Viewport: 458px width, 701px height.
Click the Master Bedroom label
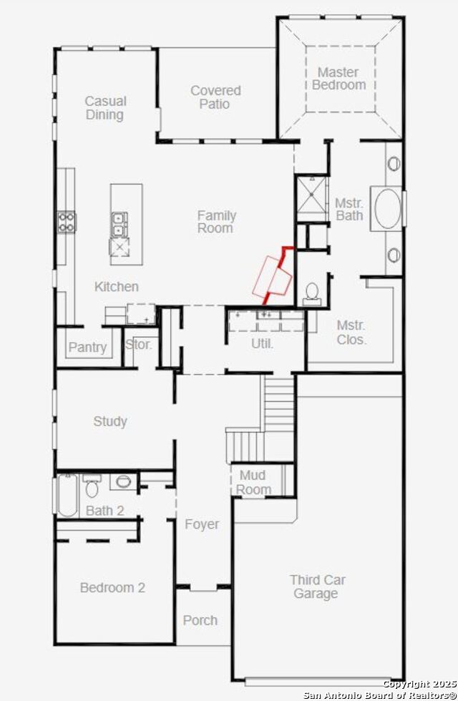coord(339,78)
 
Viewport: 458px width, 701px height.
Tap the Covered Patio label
coord(215,97)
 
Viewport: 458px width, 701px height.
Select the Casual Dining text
coord(106,108)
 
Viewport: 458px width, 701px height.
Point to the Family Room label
coord(216,222)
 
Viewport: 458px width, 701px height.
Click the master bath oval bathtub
coord(387,209)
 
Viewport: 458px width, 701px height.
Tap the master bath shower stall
coord(312,199)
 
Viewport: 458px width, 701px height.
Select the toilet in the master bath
coord(312,294)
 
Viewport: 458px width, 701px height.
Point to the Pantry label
coord(87,348)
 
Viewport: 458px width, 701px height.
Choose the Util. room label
coord(262,344)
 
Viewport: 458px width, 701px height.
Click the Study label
coord(110,421)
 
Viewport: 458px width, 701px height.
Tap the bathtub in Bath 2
coord(68,495)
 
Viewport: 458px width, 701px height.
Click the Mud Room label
coord(253,482)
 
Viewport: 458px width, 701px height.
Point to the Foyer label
coord(202,524)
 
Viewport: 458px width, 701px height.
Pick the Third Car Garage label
coord(317,587)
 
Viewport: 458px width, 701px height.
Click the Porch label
coord(200,620)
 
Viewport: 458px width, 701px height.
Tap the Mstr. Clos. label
coord(351,332)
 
